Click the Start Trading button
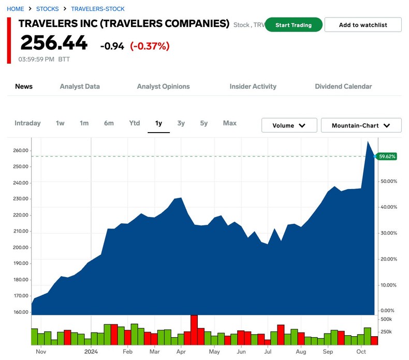pyautogui.click(x=294, y=25)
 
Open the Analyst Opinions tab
pyautogui.click(x=163, y=87)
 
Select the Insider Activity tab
pyautogui.click(x=253, y=87)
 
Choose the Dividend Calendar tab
pyautogui.click(x=343, y=87)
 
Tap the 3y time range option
pyautogui.click(x=181, y=123)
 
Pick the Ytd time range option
pyautogui.click(x=135, y=123)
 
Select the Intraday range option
pyautogui.click(x=27, y=123)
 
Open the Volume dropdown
pyautogui.click(x=289, y=125)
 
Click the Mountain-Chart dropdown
pyautogui.click(x=361, y=125)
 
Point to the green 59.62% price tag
pyautogui.click(x=387, y=156)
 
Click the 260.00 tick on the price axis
pyautogui.click(x=21, y=151)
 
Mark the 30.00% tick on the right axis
pyautogui.click(x=388, y=233)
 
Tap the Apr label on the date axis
pyautogui.click(x=181, y=352)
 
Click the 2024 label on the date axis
pyautogui.click(x=91, y=352)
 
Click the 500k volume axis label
pyautogui.click(x=386, y=319)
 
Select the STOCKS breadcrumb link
pyautogui.click(x=47, y=9)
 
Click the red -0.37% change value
pyautogui.click(x=150, y=46)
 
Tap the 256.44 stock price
pyautogui.click(x=54, y=43)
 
